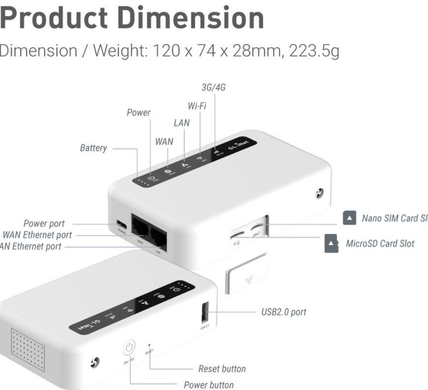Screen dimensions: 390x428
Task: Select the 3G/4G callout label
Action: pos(213,88)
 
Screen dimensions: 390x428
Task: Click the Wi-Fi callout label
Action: pos(196,107)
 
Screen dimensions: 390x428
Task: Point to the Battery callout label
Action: pos(94,148)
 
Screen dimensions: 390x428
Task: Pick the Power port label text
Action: pos(44,223)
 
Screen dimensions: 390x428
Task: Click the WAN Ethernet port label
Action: pos(37,235)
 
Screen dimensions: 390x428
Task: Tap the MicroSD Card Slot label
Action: pos(380,244)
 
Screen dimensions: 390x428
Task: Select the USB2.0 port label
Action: pos(284,312)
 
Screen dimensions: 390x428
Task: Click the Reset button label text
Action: pos(222,369)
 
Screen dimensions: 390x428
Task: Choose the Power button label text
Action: pos(209,385)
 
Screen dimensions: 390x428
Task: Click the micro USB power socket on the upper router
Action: pos(120,223)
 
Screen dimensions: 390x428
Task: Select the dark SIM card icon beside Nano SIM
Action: pos(349,218)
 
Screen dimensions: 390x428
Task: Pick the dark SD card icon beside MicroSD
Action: pos(331,243)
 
